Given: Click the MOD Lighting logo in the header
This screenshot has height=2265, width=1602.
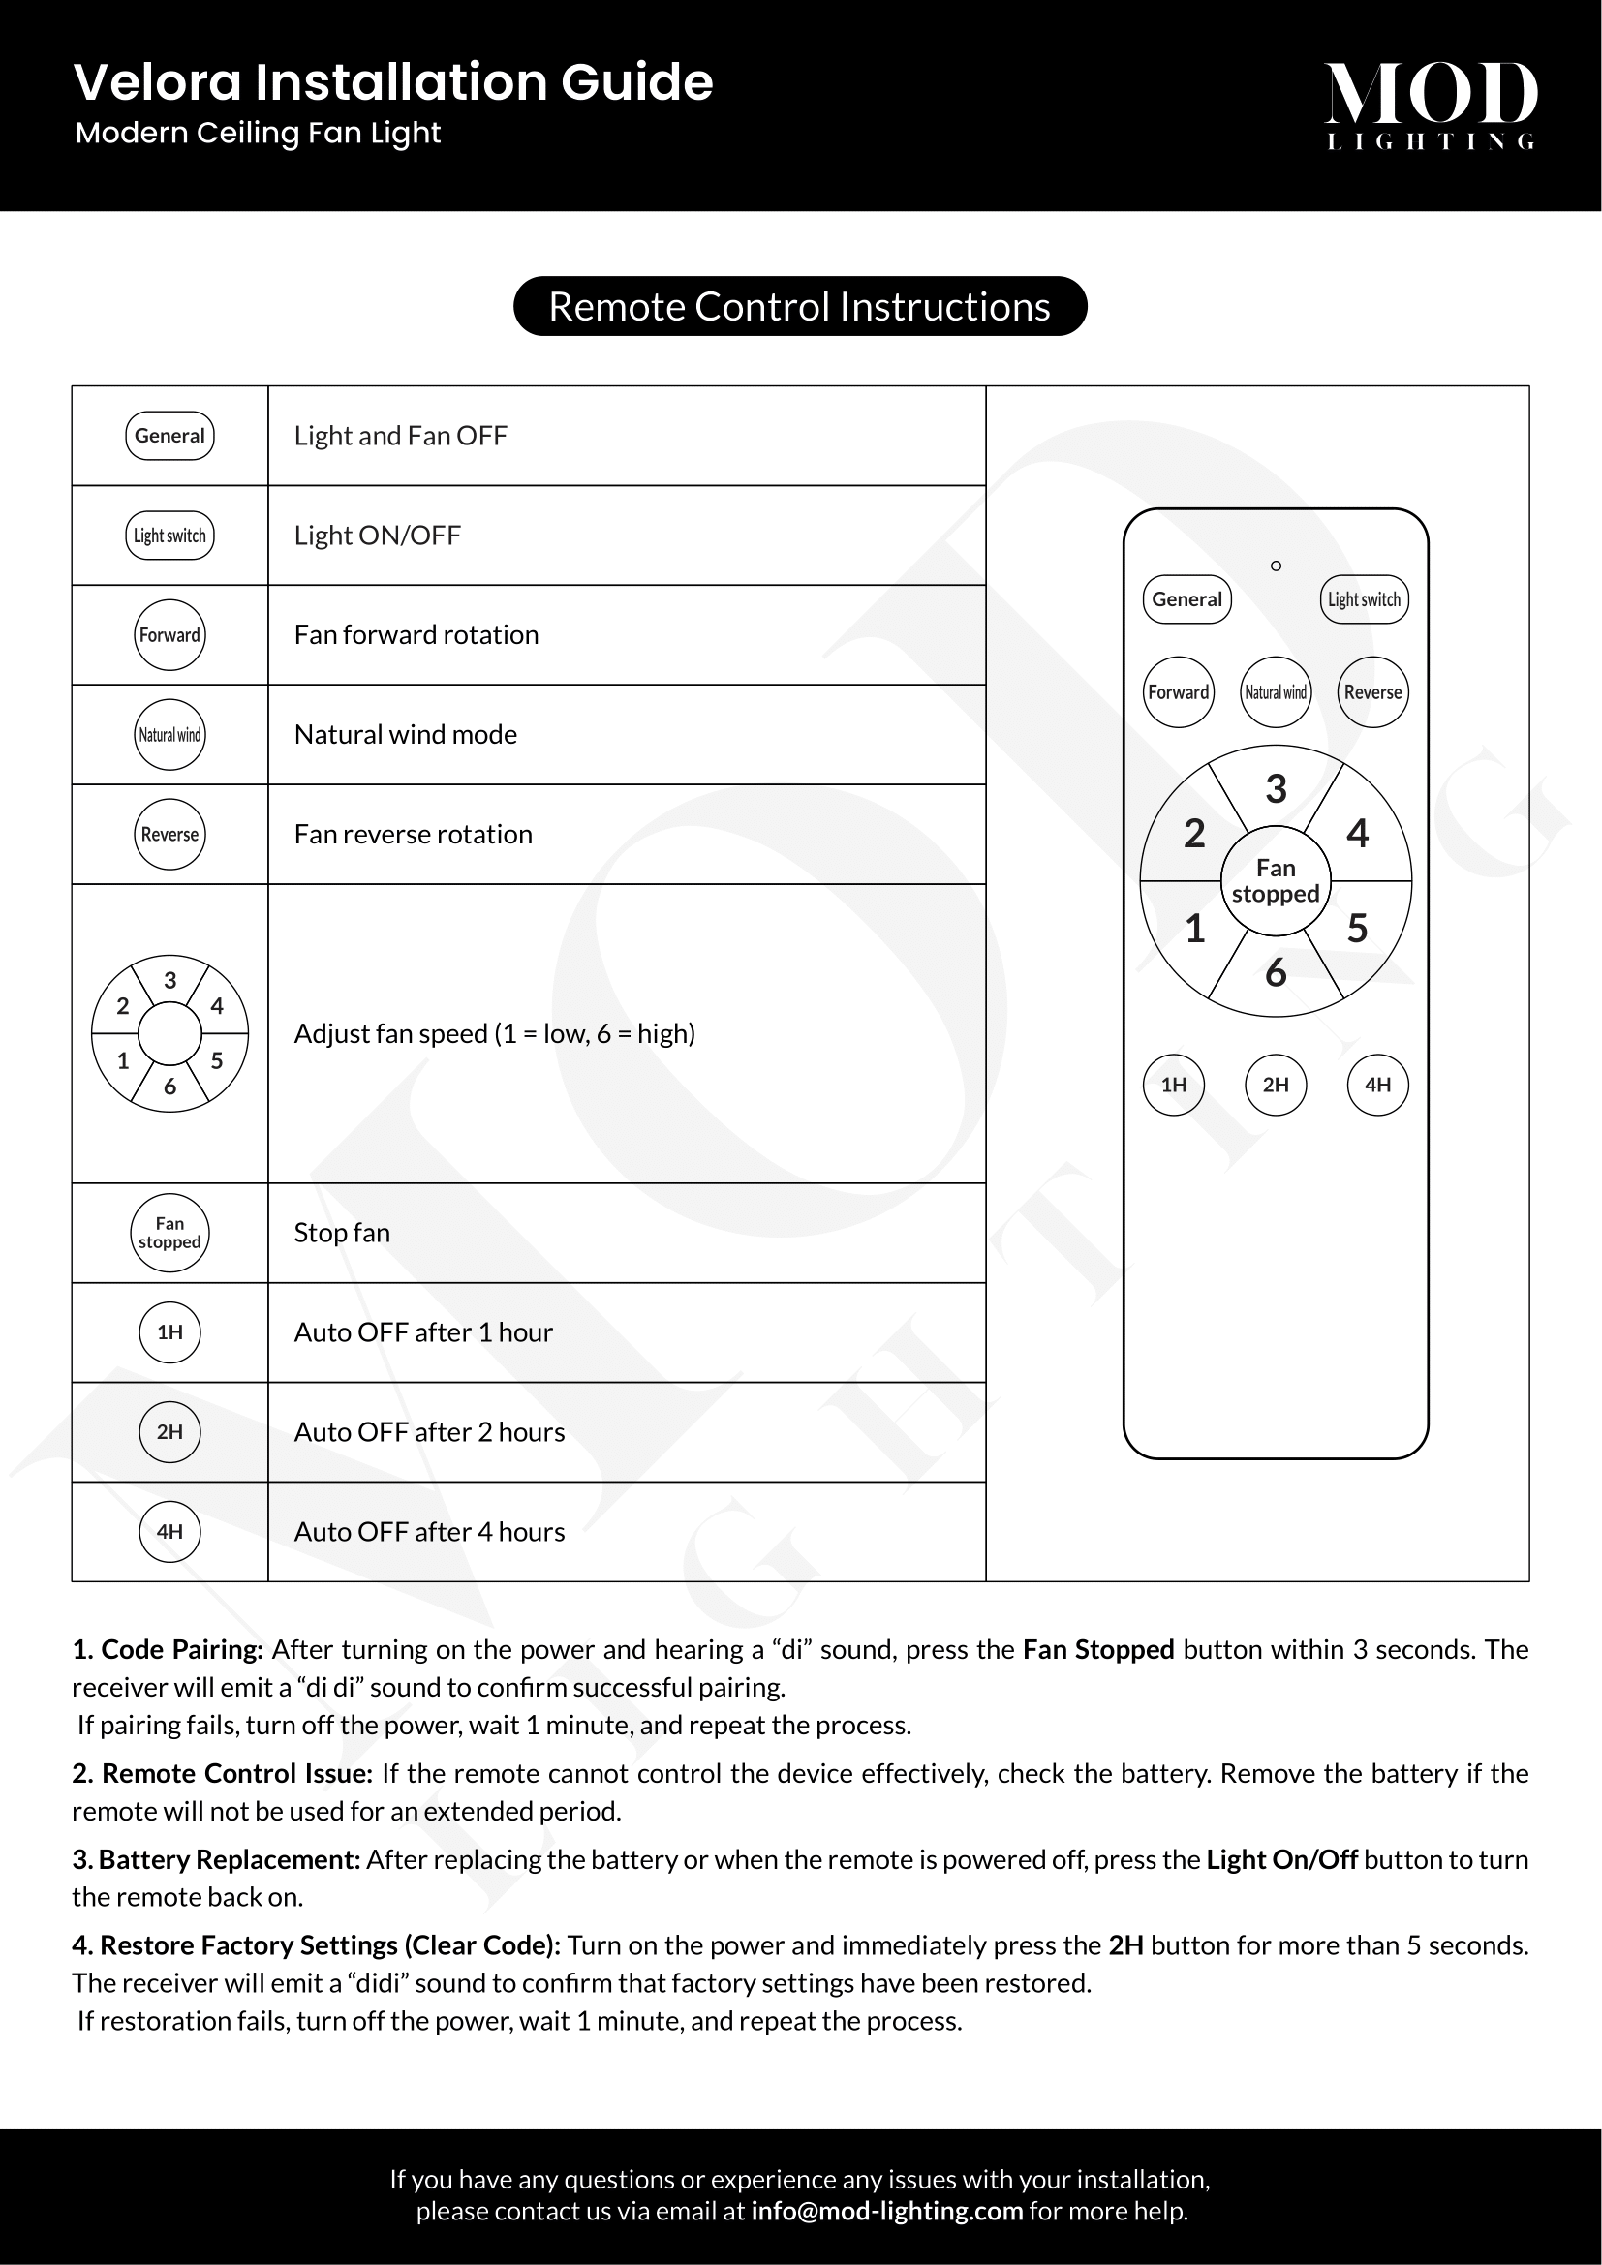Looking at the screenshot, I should (1431, 105).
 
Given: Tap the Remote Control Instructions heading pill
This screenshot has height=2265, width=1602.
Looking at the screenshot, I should (799, 307).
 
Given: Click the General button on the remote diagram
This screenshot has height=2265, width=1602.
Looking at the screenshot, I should (1186, 599).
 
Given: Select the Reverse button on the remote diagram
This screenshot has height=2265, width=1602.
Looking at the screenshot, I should (1372, 692).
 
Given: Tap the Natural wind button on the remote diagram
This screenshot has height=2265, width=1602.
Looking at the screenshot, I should (1276, 692).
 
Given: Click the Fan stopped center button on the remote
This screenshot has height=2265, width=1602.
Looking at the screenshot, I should (1276, 881).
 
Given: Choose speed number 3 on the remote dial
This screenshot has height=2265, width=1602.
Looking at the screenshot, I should (1276, 789).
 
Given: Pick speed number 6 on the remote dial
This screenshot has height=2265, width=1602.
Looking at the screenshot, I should (1276, 973).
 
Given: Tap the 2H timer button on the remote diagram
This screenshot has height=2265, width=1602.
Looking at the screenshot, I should (1276, 1086).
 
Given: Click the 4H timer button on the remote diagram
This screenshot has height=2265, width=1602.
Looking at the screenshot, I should (1377, 1086).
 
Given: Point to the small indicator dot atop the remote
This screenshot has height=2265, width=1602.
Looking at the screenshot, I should (1276, 566).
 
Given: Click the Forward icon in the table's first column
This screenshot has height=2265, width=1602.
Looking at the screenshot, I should (169, 635).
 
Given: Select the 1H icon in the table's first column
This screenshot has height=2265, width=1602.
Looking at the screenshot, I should (169, 1332).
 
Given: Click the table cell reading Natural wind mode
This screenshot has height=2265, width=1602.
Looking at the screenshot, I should (406, 735).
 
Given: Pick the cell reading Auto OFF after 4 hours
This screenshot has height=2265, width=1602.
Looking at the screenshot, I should (429, 1532).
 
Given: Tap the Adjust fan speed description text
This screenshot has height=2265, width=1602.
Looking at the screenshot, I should (494, 1034).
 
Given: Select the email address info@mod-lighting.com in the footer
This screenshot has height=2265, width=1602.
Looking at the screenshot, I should (886, 2211).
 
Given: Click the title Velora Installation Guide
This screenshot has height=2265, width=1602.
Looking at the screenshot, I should (392, 82).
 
